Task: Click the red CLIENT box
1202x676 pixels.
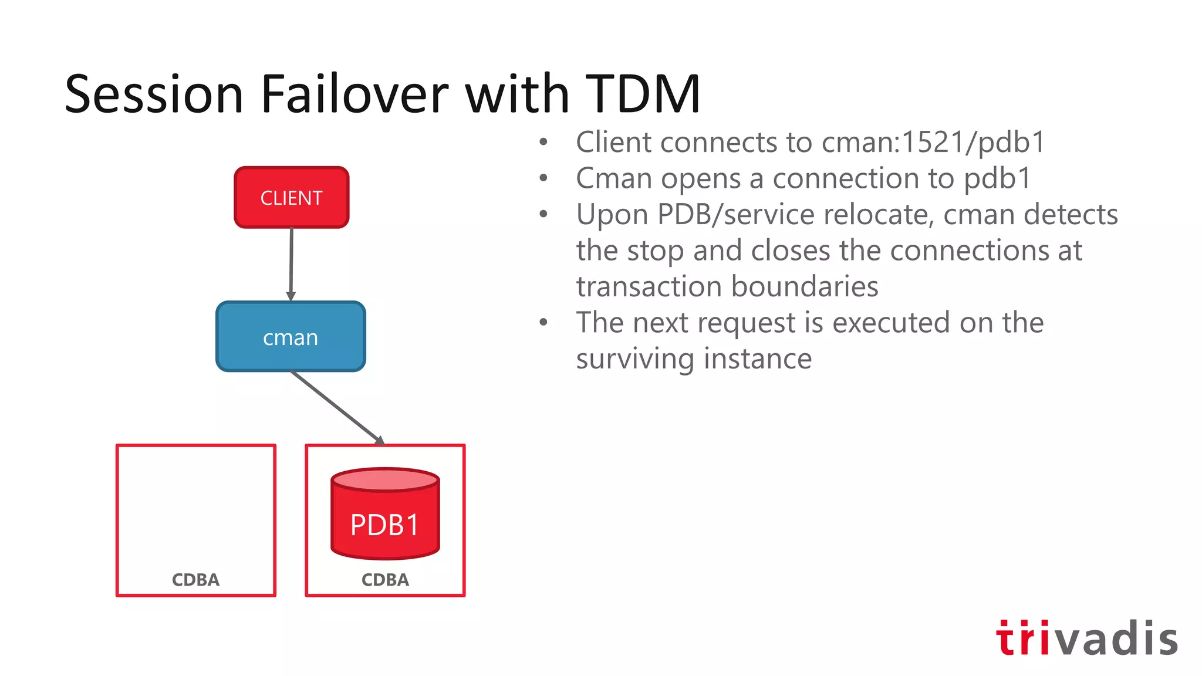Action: (x=291, y=198)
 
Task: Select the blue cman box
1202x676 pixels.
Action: (x=291, y=337)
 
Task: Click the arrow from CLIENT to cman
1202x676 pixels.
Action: (x=291, y=264)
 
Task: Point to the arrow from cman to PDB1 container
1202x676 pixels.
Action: (x=337, y=407)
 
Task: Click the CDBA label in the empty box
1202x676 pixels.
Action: (x=195, y=580)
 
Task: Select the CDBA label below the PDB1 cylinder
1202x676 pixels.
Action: (x=385, y=580)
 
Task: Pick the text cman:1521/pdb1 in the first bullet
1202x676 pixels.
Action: (x=933, y=143)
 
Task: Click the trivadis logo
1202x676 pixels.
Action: (x=1086, y=638)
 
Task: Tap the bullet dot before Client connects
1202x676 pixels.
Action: (x=543, y=142)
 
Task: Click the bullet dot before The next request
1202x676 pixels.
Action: (x=543, y=322)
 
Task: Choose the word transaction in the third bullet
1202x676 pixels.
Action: (x=649, y=287)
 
